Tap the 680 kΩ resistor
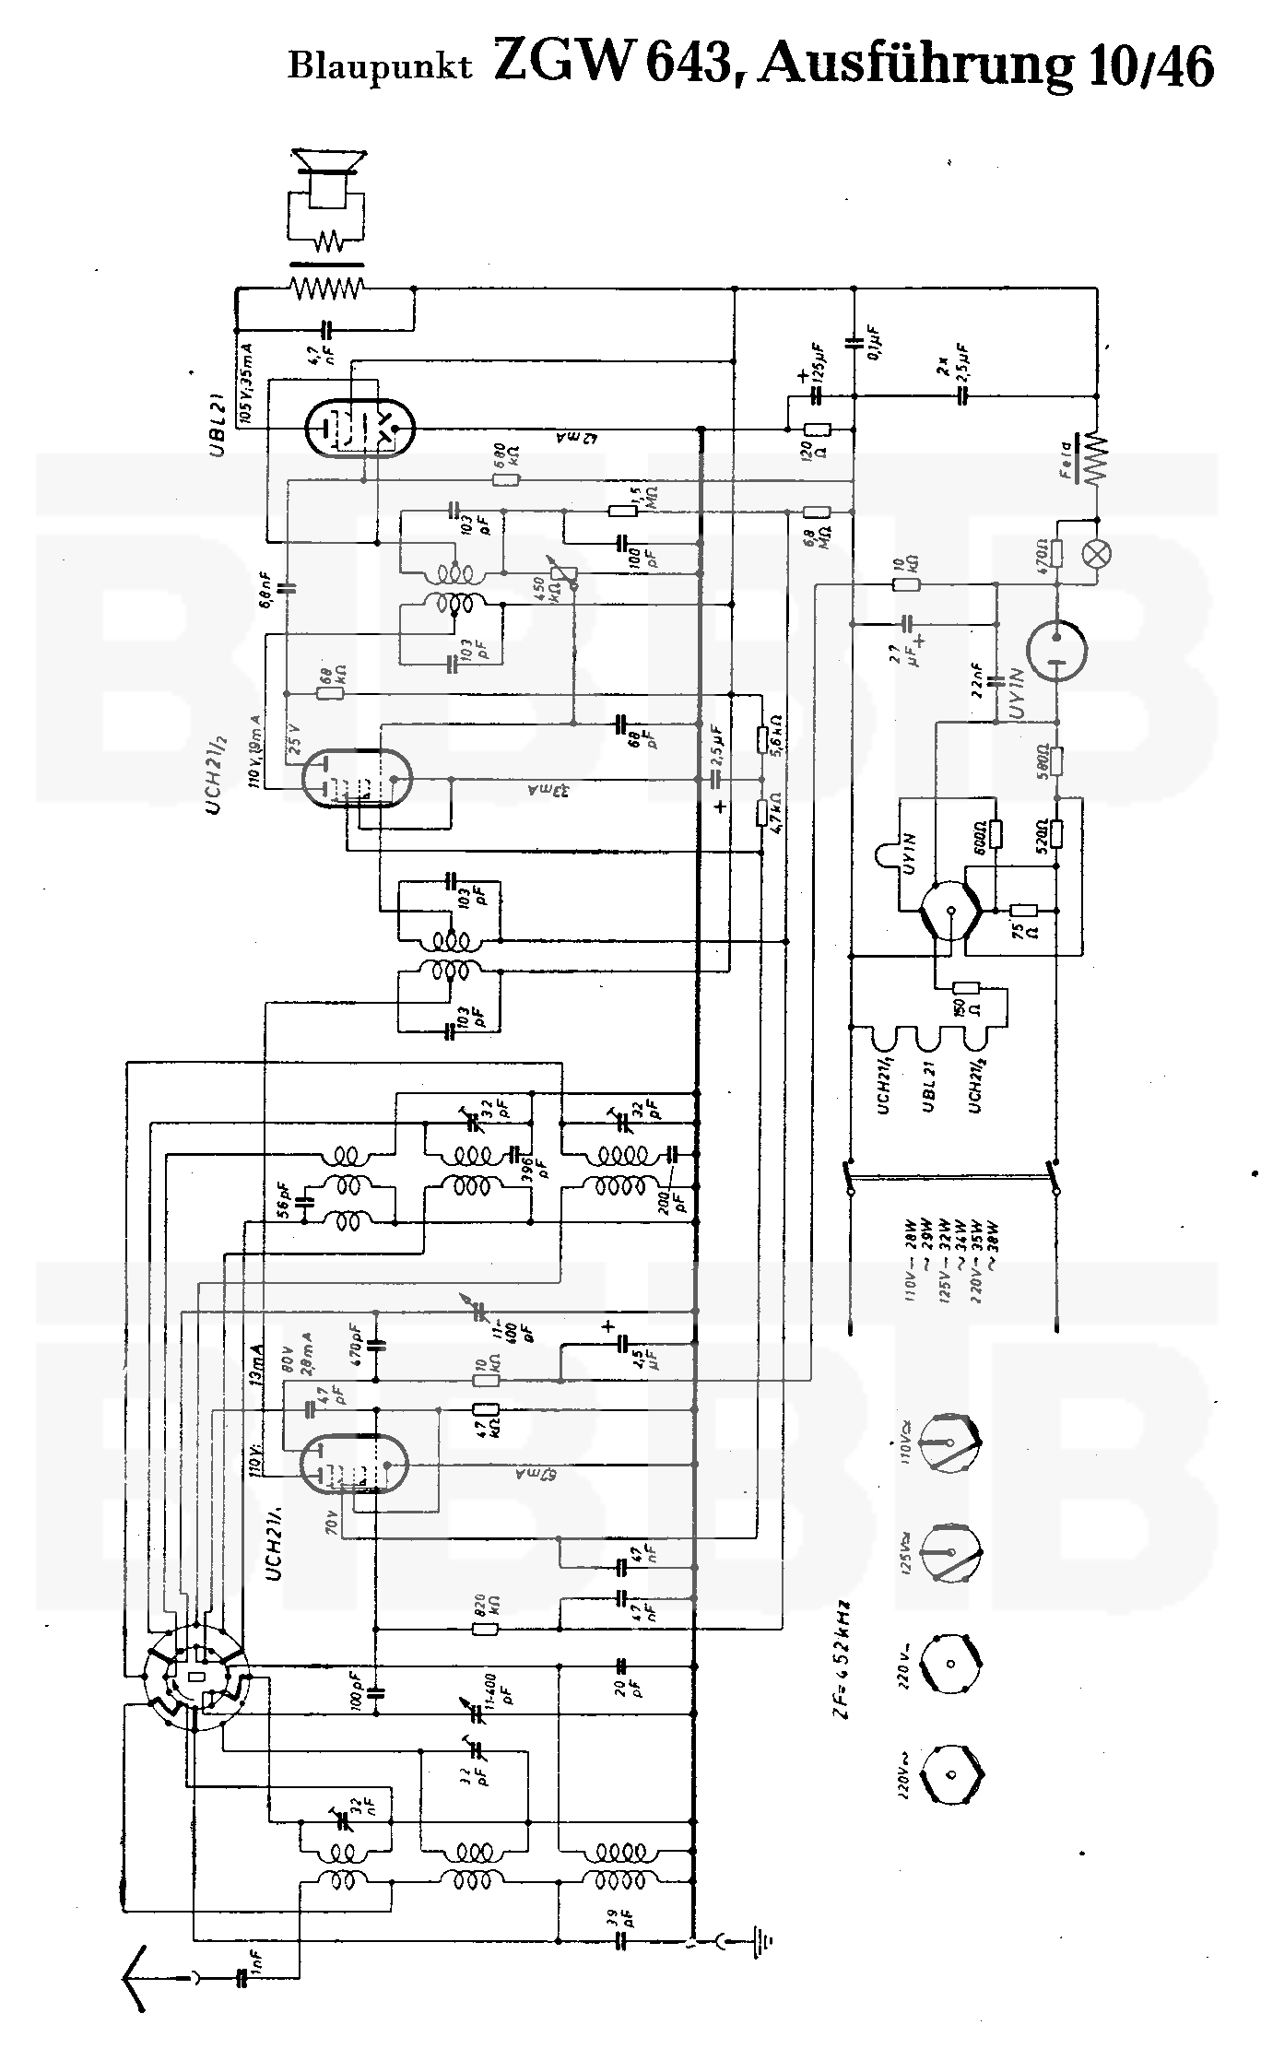point(506,479)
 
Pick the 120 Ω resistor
point(817,430)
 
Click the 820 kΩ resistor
point(486,1630)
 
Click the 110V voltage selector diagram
point(950,1442)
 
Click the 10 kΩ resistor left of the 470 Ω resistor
point(906,585)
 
